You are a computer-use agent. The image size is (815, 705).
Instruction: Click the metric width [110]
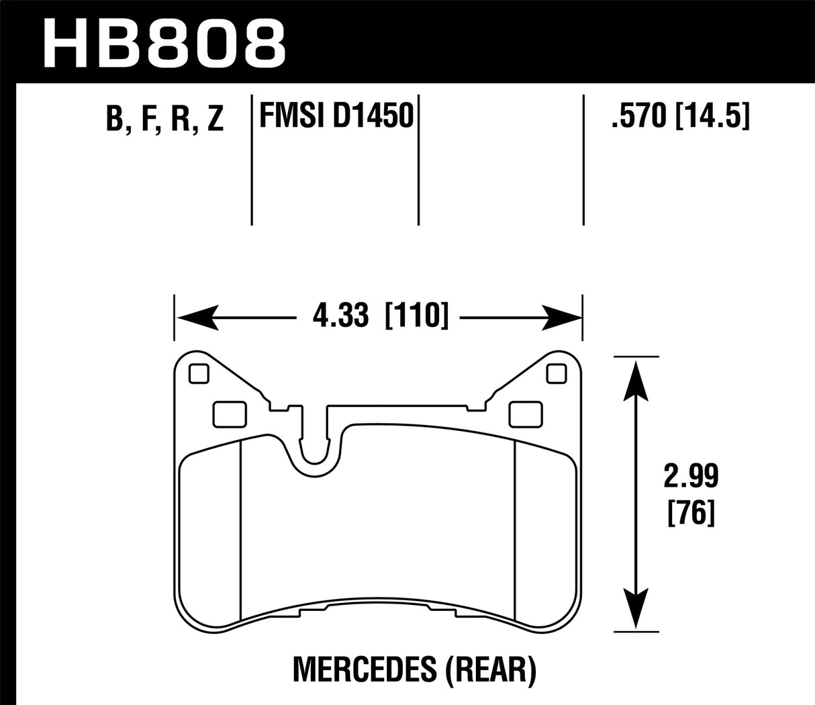pyautogui.click(x=416, y=316)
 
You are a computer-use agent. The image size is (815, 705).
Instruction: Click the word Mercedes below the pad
pyautogui.click(x=349, y=669)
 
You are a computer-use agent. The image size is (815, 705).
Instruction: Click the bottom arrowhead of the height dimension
pyautogui.click(x=634, y=611)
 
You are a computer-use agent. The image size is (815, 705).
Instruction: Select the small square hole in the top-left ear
pyautogui.click(x=199, y=373)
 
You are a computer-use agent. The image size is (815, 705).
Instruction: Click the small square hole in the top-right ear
pyautogui.click(x=557, y=373)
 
